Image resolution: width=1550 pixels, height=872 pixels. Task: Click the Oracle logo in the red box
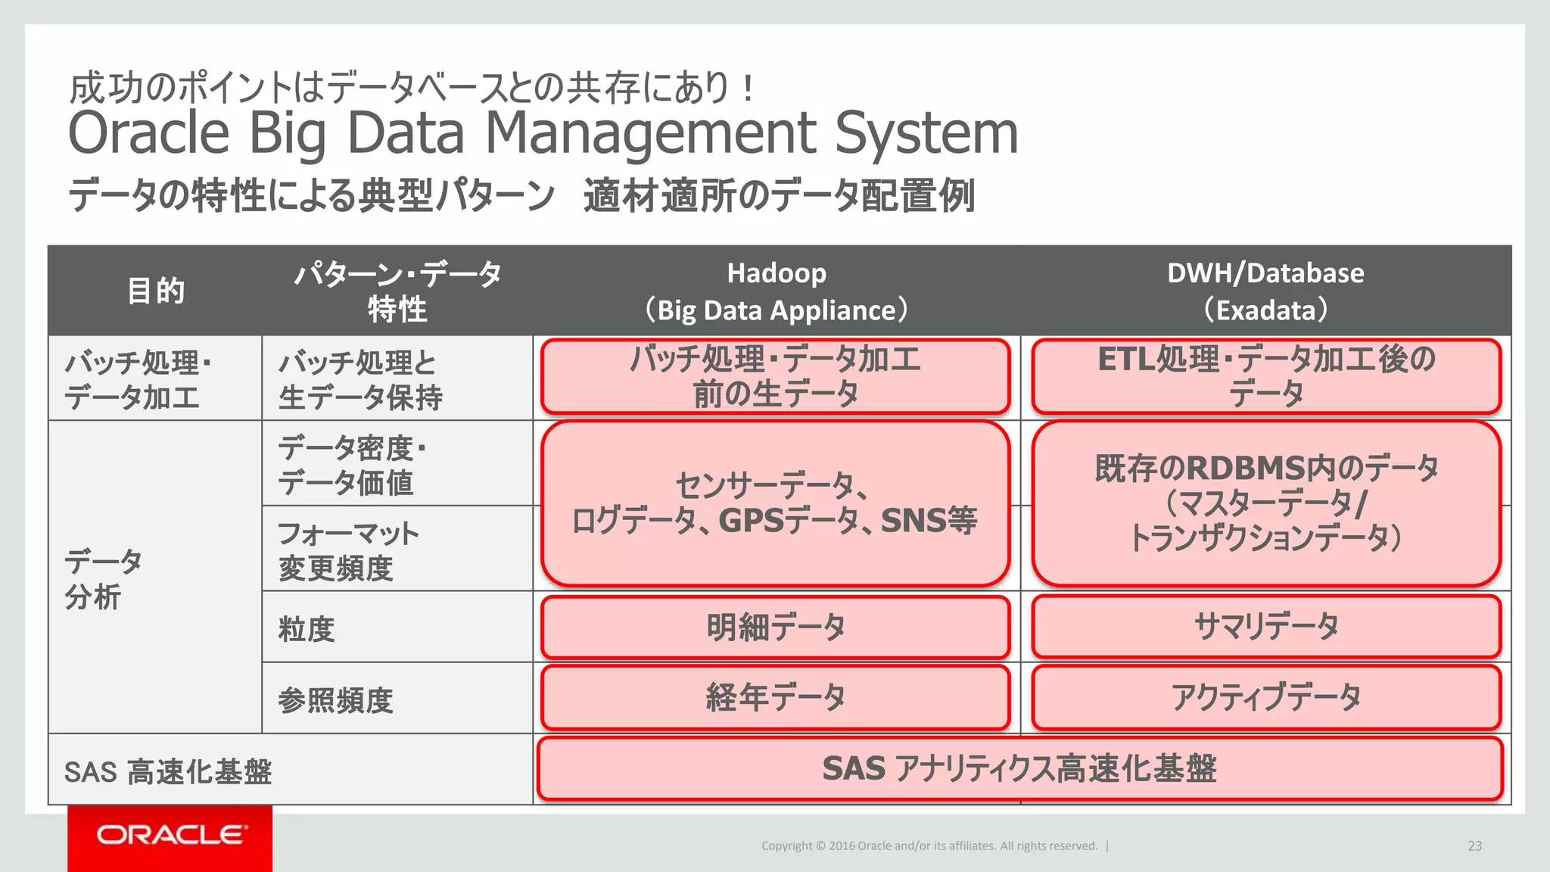171,835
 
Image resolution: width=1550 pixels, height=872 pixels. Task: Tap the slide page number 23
1474,846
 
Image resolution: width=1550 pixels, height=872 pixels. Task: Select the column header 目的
156,291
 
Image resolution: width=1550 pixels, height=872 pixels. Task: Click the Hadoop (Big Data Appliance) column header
777,291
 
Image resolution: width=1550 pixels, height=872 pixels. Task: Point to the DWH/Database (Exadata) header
1265,291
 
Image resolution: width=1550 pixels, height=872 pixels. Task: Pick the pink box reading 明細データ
776,628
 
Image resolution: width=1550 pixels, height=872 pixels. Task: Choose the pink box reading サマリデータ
1266,628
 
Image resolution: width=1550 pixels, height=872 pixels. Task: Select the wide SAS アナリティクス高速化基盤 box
1019,769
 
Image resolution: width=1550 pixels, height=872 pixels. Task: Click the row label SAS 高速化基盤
168,772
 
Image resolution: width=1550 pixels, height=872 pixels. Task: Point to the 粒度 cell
307,629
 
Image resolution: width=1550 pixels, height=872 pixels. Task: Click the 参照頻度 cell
335,700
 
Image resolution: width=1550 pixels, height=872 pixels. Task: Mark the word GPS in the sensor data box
751,521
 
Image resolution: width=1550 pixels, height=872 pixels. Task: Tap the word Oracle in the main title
149,133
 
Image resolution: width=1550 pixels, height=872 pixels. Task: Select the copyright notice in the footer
929,846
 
